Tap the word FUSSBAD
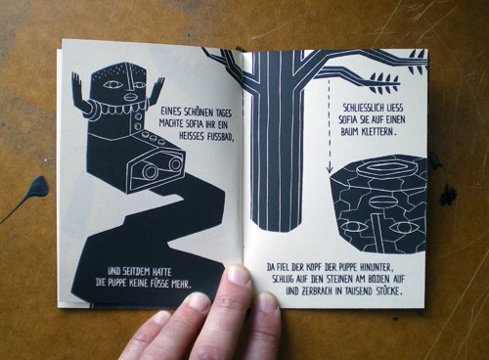pyautogui.click(x=220, y=136)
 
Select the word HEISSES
pyautogui.click(x=192, y=135)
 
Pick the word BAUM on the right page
pyautogui.click(x=349, y=132)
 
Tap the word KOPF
pyautogui.click(x=315, y=268)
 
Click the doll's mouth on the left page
pyautogui.click(x=131, y=97)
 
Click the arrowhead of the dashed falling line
pyautogui.click(x=330, y=169)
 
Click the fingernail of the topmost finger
pyautogui.click(x=238, y=275)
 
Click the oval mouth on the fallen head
pyautogui.click(x=380, y=202)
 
